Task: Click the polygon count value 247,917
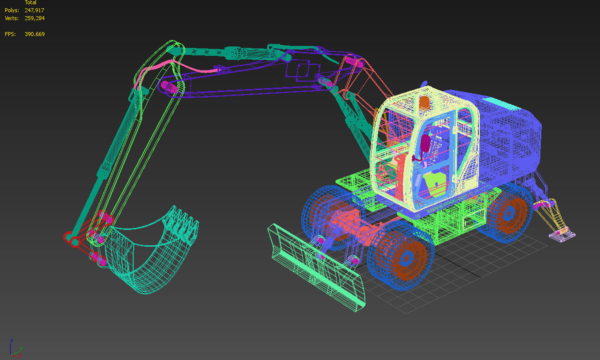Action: point(34,10)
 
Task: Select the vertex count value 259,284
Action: point(34,18)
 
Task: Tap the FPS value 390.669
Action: point(34,34)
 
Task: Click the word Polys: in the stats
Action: point(12,10)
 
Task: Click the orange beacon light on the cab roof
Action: point(424,103)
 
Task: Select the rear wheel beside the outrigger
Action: point(507,213)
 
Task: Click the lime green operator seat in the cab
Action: point(435,183)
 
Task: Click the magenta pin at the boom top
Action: point(354,62)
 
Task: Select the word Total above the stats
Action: point(30,3)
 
